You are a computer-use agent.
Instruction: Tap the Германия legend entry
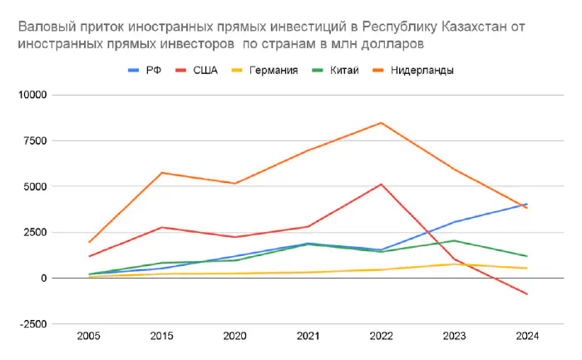pyautogui.click(x=272, y=71)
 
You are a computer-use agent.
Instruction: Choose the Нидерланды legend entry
pyautogui.click(x=419, y=71)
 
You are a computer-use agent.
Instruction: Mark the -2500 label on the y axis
pyautogui.click(x=34, y=323)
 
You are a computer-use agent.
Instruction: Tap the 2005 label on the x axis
pyautogui.click(x=89, y=337)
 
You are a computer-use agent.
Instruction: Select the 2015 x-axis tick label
pyautogui.click(x=161, y=337)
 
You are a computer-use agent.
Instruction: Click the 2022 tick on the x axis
pyautogui.click(x=380, y=337)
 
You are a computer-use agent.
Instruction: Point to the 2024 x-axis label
pyautogui.click(x=526, y=337)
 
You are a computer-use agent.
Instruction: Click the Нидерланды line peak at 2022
pyautogui.click(x=381, y=123)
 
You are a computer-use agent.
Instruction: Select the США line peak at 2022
pyautogui.click(x=381, y=185)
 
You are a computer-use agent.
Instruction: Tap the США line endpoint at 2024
pyautogui.click(x=526, y=294)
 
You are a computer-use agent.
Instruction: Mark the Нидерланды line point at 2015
pyautogui.click(x=162, y=173)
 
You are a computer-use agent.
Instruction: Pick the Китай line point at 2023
pyautogui.click(x=454, y=240)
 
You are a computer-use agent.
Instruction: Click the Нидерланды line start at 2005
pyautogui.click(x=89, y=242)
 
